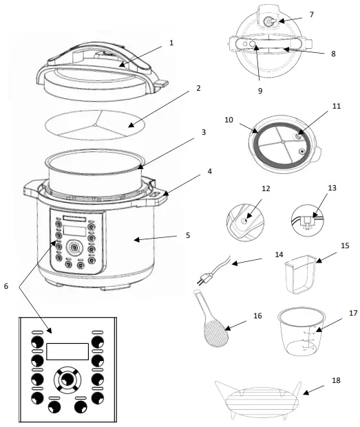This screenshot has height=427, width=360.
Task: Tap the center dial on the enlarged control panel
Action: coord(67,379)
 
